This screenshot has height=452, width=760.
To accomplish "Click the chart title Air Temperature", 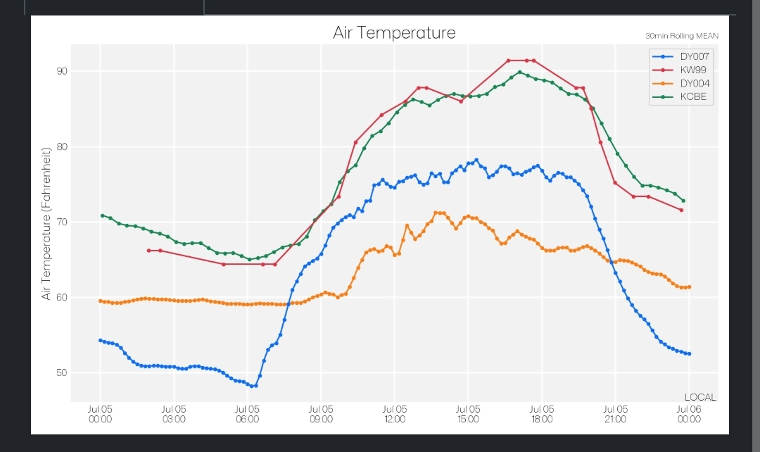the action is [394, 33].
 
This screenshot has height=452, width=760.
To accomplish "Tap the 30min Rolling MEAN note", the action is [681, 36].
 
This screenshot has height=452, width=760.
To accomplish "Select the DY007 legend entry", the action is [681, 57].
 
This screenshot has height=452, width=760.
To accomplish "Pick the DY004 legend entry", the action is [681, 83].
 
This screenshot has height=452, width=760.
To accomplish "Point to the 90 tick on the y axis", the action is [62, 71].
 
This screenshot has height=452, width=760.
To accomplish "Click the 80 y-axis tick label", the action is [62, 146].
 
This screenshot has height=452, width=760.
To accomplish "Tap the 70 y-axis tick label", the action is [62, 222].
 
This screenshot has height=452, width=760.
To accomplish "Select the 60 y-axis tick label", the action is [62, 297].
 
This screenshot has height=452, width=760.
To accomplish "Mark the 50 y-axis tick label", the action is [62, 372].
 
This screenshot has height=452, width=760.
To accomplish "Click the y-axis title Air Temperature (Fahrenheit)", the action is [46, 224].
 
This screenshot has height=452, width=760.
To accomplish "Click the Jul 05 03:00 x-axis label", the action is [174, 414].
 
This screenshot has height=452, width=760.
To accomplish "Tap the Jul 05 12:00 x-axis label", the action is [395, 414].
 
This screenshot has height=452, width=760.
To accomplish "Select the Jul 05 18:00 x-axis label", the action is [542, 414].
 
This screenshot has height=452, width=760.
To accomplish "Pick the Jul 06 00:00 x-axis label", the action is [689, 414].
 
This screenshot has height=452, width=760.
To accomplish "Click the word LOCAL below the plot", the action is [700, 397].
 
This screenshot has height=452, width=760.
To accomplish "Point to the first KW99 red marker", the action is [148, 251].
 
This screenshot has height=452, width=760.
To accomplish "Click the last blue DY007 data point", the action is [689, 353].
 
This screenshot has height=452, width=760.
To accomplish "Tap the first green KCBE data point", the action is [102, 215].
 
